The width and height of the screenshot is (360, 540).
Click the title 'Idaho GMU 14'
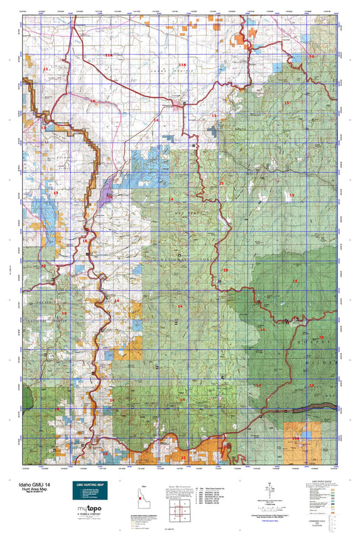(x=30, y=485)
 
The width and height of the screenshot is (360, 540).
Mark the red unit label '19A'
(x=295, y=438)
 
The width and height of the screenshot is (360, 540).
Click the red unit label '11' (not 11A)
(x=46, y=69)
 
